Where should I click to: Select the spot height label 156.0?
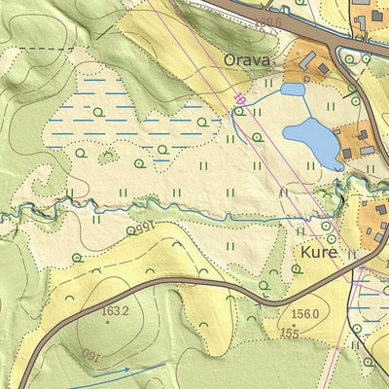[304, 314]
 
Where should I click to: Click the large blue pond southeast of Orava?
[310, 141]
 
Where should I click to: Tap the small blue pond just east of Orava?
[292, 89]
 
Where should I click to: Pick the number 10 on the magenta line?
[239, 98]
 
